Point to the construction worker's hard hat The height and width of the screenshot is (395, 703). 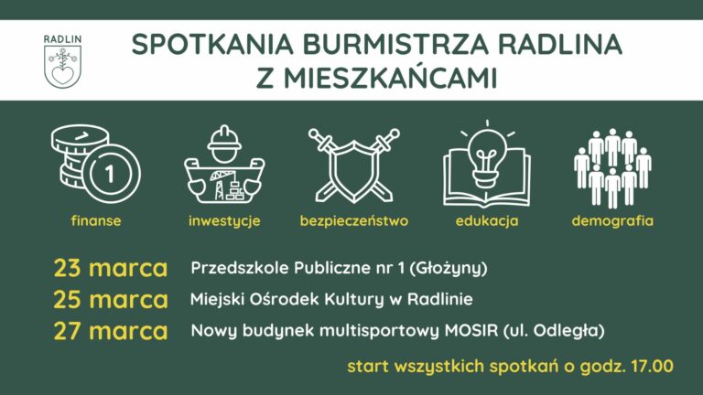tap(222, 140)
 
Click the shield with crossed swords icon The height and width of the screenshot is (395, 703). tap(353, 165)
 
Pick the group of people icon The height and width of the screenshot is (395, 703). tap(611, 167)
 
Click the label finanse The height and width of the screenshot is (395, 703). tap(96, 221)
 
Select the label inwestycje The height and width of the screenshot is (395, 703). tap(224, 221)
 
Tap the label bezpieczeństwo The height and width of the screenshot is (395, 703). tap(353, 221)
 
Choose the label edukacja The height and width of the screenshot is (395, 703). tap(487, 221)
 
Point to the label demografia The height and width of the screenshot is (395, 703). tap(612, 221)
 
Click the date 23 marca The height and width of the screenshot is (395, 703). tap(111, 269)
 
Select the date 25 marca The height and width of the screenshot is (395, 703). tap(111, 300)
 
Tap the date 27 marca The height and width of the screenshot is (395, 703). tap(111, 331)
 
